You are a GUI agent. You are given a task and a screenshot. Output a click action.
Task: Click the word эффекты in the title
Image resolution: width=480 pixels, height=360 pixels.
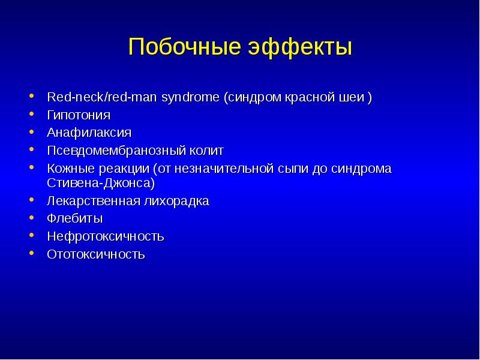pos(301,47)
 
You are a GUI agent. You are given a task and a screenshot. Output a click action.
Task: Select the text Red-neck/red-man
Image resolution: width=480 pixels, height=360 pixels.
pos(102,97)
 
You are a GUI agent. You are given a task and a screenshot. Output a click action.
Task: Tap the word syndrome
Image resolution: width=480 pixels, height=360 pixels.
pos(190,98)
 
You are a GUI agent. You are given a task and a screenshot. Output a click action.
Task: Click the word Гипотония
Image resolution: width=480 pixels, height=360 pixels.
pos(79,116)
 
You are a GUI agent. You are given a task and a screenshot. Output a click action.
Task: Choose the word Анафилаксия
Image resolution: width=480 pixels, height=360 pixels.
pos(89,133)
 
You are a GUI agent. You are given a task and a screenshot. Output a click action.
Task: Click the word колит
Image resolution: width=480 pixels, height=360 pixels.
pos(206,151)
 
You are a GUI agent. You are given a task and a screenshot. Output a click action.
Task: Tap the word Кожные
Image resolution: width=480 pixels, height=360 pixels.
pos(72,169)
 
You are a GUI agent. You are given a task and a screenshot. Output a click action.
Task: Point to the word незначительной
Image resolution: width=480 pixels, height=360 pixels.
pos(224,169)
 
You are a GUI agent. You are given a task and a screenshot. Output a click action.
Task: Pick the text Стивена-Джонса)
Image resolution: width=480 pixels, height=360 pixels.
pos(101,183)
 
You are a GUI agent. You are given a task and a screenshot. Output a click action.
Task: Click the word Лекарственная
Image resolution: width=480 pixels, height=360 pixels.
pos(94,201)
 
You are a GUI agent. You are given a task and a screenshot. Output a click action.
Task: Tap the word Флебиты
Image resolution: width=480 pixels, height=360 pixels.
pos(74,218)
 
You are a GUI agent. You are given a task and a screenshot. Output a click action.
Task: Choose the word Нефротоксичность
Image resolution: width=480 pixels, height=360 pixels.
pos(106,236)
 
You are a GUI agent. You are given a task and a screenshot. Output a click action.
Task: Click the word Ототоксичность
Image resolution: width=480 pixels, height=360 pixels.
pos(96,254)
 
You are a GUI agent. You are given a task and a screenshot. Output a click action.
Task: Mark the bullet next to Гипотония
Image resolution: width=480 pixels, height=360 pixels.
pos(32,113)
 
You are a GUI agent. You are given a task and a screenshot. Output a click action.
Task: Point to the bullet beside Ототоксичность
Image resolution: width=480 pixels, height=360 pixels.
pos(32,253)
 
